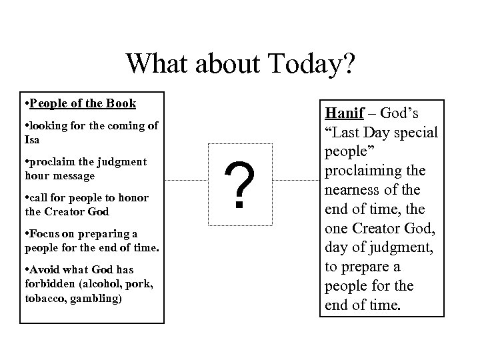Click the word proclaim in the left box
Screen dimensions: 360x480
51,161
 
